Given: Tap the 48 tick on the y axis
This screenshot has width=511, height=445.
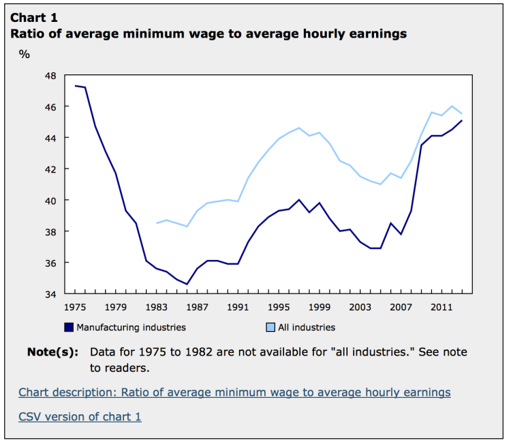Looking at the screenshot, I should [x=50, y=75].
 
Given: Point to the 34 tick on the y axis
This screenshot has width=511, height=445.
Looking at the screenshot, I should [x=50, y=294].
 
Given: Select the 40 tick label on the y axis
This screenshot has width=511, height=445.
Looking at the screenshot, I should [x=50, y=200].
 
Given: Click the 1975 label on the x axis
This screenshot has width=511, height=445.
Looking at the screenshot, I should [x=75, y=306].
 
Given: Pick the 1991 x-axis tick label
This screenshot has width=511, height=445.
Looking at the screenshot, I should [x=238, y=306].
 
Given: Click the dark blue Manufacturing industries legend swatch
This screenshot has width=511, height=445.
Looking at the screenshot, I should [x=69, y=327].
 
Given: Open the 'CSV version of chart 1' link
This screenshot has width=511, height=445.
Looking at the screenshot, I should [x=80, y=416].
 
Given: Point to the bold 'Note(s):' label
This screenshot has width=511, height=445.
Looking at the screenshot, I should [x=52, y=352].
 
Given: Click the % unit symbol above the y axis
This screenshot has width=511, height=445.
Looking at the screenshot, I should [x=25, y=54].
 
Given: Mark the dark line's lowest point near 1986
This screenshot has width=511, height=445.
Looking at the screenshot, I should [x=187, y=284].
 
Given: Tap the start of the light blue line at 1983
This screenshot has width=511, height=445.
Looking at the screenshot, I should [x=157, y=223].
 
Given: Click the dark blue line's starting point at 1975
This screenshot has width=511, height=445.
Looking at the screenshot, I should [x=75, y=86].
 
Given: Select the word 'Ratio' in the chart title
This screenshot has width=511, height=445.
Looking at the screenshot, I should [x=27, y=33].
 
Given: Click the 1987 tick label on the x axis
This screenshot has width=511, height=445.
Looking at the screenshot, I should [x=197, y=306].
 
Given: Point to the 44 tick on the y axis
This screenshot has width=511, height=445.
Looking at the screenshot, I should [x=50, y=138].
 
